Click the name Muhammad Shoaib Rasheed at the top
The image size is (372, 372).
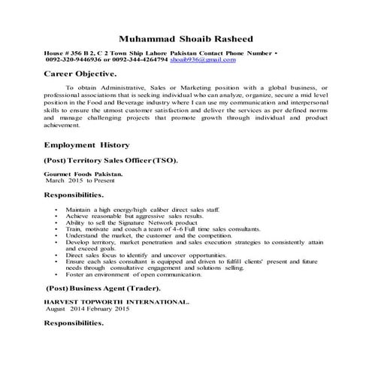pos(186,39)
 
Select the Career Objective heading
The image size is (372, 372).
pos(80,75)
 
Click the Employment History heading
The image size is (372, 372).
pos(87,145)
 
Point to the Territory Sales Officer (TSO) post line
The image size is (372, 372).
pos(111,162)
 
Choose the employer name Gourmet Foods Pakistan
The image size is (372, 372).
pos(83,174)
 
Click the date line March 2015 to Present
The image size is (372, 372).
pos(79,181)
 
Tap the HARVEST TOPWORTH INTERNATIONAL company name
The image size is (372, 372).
pos(116,301)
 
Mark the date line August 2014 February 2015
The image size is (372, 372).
pos(88,309)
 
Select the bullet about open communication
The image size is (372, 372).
pos(135,274)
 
